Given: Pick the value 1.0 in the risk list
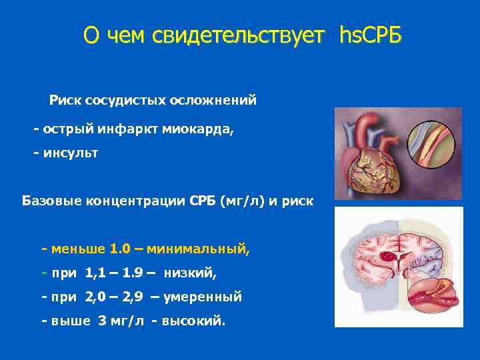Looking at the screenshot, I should [120, 249].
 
